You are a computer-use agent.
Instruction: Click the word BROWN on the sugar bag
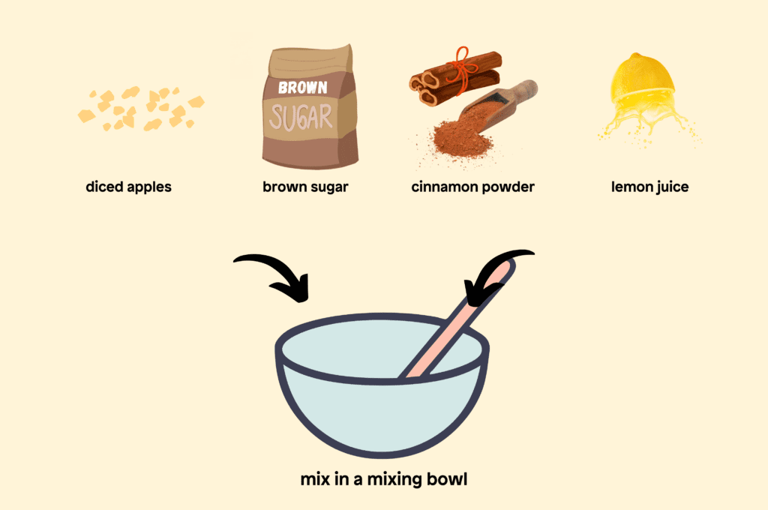tap(303, 88)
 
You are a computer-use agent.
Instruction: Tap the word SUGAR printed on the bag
tap(301, 118)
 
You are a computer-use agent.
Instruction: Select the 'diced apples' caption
tap(128, 187)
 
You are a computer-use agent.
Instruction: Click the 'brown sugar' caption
tap(305, 187)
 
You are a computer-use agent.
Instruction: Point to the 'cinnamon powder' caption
tap(472, 187)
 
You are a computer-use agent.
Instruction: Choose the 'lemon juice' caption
tap(649, 187)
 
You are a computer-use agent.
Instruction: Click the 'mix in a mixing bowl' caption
tap(383, 478)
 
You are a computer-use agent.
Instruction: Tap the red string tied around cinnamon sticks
tap(462, 67)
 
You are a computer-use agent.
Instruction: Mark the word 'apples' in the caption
tap(149, 187)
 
